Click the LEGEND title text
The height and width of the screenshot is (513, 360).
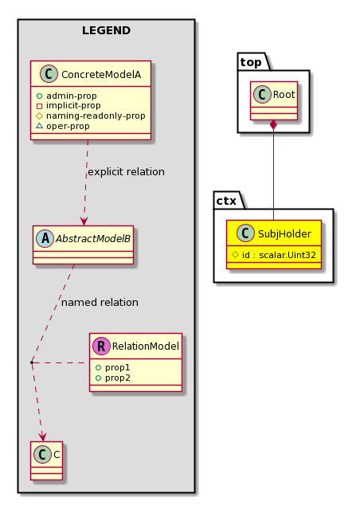(x=106, y=30)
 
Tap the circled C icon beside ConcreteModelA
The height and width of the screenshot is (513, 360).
(x=49, y=73)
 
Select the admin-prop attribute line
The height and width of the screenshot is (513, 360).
(x=67, y=96)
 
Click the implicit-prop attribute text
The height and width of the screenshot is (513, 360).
(x=73, y=105)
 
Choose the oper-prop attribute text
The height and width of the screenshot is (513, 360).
(x=68, y=126)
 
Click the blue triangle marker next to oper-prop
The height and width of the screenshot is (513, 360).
(x=39, y=126)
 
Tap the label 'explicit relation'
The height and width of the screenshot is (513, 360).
(x=126, y=172)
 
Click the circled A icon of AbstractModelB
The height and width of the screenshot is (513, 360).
(x=45, y=238)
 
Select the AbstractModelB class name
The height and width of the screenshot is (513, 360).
(x=93, y=238)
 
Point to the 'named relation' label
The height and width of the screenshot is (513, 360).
(x=100, y=303)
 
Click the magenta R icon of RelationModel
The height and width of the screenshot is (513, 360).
(x=101, y=346)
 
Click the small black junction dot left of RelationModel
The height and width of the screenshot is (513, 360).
(x=32, y=362)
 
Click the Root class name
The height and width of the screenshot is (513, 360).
(x=284, y=95)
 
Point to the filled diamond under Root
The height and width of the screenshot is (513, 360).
(x=273, y=125)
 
